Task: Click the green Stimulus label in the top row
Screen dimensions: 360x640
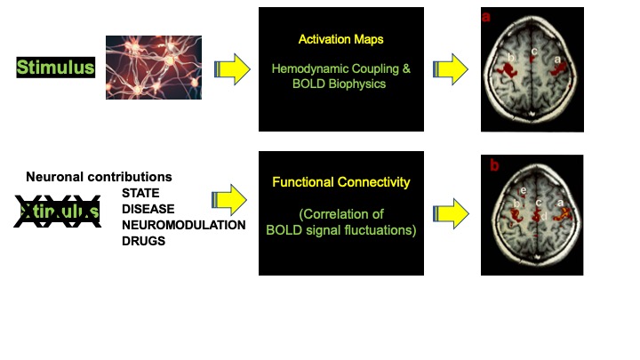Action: (55, 68)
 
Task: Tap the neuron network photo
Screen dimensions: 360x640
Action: (154, 67)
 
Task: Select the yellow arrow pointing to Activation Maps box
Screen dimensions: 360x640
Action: (232, 68)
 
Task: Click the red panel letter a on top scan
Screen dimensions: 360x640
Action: (487, 16)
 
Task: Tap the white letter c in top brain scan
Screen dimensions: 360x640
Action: (534, 51)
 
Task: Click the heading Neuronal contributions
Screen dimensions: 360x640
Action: (99, 178)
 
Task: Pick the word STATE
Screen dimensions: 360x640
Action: (140, 193)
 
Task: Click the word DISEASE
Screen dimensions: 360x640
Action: (147, 209)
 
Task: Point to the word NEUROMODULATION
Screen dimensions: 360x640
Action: (183, 225)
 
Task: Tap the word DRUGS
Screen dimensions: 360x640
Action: (143, 241)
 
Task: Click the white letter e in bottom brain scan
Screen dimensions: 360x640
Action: (523, 190)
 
